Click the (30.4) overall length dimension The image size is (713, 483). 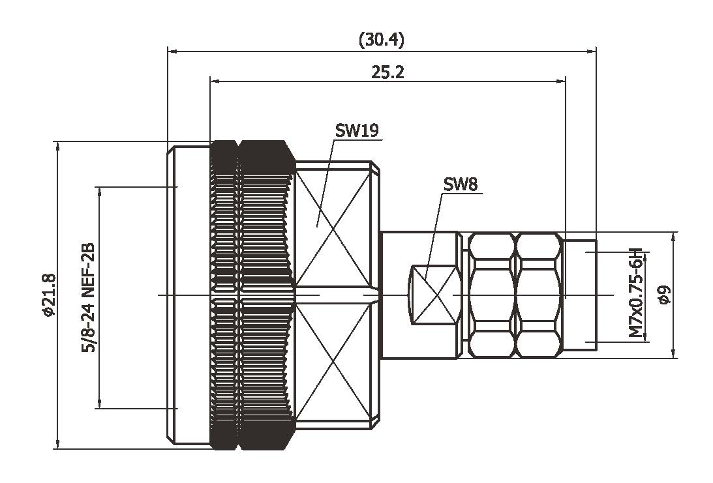tap(382, 40)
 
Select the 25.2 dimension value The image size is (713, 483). tap(387, 72)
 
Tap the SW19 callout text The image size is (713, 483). tap(357, 130)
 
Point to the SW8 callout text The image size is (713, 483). tap(461, 184)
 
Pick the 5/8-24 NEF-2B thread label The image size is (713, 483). tap(88, 298)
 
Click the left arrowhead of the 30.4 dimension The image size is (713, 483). tap(172, 50)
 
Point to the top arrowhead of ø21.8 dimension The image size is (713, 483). tap(58, 145)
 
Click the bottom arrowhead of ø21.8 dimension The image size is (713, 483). tap(58, 445)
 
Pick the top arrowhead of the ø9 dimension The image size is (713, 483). tap(674, 236)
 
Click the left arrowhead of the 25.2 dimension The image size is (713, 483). tap(215, 81)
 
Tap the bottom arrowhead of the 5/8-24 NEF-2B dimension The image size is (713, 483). tap(99, 405)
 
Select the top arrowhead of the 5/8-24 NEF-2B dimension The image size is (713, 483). tap(99, 191)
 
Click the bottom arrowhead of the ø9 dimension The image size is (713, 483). tap(674, 353)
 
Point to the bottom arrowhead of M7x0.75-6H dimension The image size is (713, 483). tap(646, 337)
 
